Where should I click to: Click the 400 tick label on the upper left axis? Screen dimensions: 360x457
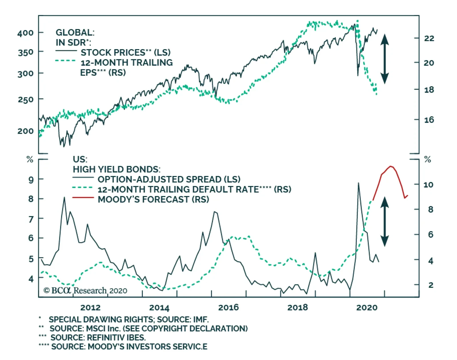pyautogui.click(x=25, y=33)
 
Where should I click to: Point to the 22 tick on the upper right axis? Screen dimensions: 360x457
pyautogui.click(x=429, y=38)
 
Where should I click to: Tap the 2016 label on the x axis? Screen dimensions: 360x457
pyautogui.click(x=228, y=307)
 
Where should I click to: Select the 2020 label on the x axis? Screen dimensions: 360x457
pyautogui.click(x=367, y=307)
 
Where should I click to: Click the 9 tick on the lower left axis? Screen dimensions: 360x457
pyautogui.click(x=31, y=180)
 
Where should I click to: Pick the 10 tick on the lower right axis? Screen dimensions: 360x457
pyautogui.click(x=428, y=185)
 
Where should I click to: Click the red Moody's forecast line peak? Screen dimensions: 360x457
pyautogui.click(x=391, y=166)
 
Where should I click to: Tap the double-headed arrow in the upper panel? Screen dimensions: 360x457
pyautogui.click(x=384, y=59)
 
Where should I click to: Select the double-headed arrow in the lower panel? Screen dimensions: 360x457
pyautogui.click(x=384, y=221)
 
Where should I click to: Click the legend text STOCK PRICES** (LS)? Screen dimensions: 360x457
pyautogui.click(x=125, y=53)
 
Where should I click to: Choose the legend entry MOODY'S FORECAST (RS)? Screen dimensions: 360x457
pyautogui.click(x=153, y=199)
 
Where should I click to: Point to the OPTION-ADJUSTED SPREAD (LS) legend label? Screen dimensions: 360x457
pyautogui.click(x=169, y=179)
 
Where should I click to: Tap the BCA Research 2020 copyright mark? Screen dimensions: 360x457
pyautogui.click(x=85, y=291)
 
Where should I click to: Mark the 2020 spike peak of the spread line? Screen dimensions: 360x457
pyautogui.click(x=358, y=183)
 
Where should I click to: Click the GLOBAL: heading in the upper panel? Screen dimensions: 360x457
pyautogui.click(x=75, y=33)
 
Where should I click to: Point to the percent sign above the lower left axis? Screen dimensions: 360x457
pyautogui.click(x=30, y=159)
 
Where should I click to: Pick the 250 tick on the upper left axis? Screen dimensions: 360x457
pyautogui.click(x=25, y=100)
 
